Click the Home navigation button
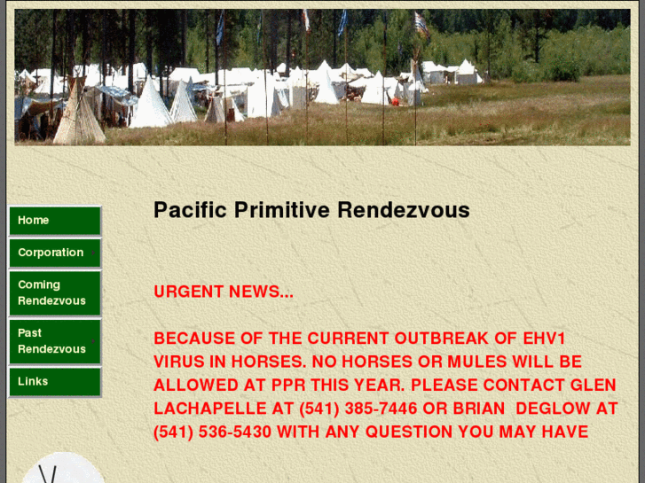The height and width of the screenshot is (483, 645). click(x=54, y=221)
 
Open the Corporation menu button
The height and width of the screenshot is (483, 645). click(x=54, y=253)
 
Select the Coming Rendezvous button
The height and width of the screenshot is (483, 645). click(x=54, y=293)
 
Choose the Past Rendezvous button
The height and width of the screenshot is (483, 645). click(x=54, y=341)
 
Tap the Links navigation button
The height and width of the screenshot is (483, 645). click(x=54, y=382)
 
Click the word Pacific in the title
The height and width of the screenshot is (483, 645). click(x=190, y=211)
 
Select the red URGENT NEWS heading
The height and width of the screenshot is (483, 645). click(x=223, y=292)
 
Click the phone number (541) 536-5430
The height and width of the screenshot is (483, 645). click(x=212, y=432)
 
